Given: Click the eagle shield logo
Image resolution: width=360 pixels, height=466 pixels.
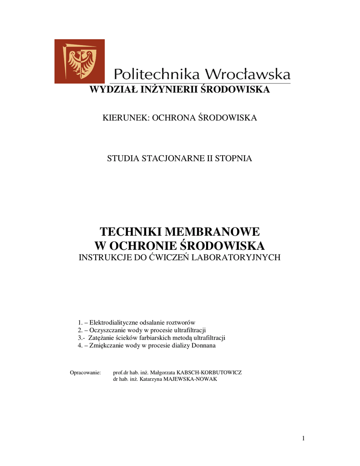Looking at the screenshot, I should click(80, 61).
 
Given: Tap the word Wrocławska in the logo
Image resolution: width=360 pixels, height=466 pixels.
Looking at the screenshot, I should click(248, 74).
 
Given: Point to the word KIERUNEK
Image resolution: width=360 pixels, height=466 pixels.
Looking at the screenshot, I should click(125, 118).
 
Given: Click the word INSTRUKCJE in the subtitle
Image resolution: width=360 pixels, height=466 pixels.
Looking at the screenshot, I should click(107, 258).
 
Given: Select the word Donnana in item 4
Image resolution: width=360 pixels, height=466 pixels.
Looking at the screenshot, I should click(204, 345).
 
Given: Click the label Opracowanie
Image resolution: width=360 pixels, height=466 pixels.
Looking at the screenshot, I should click(85, 372).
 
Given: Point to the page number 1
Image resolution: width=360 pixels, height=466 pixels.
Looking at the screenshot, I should click(303, 438).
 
